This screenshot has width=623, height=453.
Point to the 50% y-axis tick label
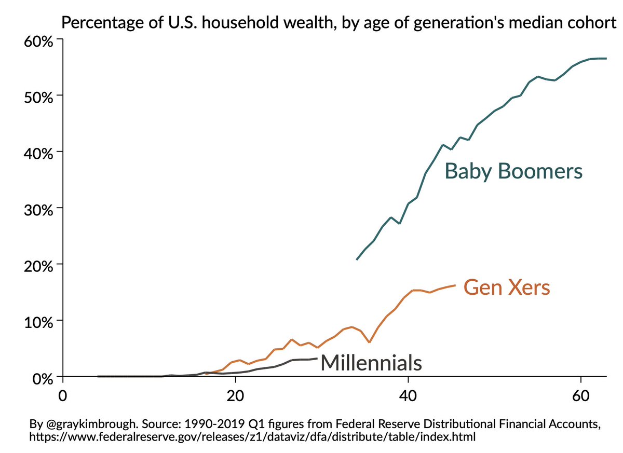tap(38, 98)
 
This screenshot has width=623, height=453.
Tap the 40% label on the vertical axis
tap(38, 154)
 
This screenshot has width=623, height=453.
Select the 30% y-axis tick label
tap(38, 210)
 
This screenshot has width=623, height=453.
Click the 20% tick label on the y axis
tap(38, 266)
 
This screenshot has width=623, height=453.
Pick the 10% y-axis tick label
tap(38, 322)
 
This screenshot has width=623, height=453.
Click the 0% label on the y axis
tap(42, 378)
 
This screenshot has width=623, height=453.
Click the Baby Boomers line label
tap(513, 171)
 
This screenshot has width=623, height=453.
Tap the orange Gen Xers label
tap(506, 287)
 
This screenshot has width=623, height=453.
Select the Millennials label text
tap(371, 362)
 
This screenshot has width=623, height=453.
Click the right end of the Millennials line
tap(316, 358)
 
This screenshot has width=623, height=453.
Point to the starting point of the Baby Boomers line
tap(357, 259)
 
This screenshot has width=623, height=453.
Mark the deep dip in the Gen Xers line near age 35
tap(369, 342)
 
